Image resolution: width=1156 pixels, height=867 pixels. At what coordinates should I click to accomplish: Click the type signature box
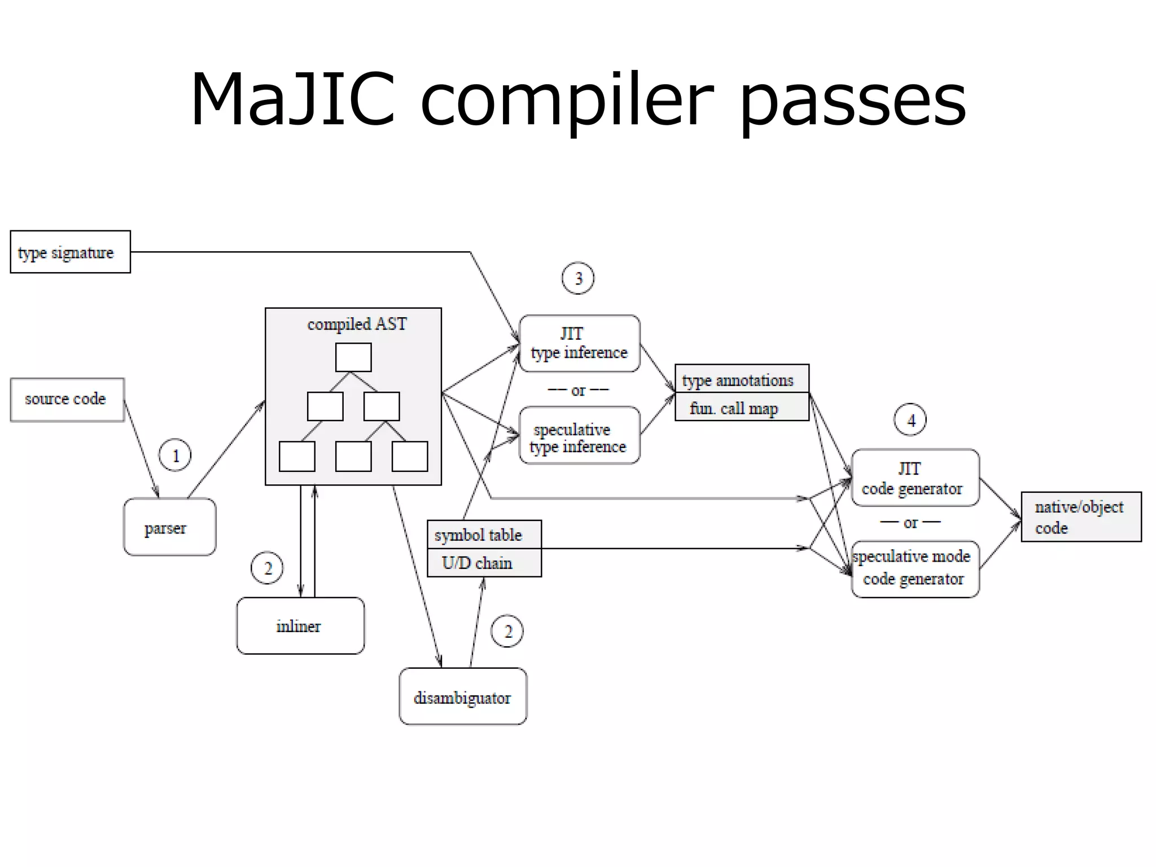click(x=70, y=252)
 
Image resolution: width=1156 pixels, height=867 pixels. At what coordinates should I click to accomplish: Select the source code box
click(x=67, y=400)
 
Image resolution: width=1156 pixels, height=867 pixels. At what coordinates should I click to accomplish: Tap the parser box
click(x=169, y=527)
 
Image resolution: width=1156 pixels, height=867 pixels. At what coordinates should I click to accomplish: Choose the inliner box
click(x=300, y=625)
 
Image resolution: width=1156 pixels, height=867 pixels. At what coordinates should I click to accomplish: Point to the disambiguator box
click(x=463, y=697)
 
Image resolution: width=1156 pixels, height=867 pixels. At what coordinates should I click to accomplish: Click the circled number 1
click(x=175, y=455)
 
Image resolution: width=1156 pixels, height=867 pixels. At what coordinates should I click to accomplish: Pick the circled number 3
click(x=578, y=278)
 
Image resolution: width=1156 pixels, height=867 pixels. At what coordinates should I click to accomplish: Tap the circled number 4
click(x=910, y=420)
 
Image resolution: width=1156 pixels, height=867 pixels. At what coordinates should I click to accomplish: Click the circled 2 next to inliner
click(x=267, y=568)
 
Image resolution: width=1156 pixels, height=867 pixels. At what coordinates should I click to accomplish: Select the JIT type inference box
click(x=579, y=343)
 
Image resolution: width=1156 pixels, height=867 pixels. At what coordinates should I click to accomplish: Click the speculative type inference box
click(x=579, y=436)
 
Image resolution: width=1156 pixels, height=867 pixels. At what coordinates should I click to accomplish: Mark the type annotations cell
click(x=742, y=379)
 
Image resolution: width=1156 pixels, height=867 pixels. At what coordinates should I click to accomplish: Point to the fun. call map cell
click(x=742, y=408)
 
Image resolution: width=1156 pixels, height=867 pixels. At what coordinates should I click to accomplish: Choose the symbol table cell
click(x=484, y=535)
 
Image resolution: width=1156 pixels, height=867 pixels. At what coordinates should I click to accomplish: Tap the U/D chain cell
click(x=484, y=563)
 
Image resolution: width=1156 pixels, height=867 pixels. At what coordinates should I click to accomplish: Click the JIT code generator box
click(x=915, y=478)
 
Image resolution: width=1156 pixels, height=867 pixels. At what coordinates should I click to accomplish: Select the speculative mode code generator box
click(x=915, y=569)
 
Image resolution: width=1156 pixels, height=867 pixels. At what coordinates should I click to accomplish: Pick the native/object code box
click(x=1081, y=516)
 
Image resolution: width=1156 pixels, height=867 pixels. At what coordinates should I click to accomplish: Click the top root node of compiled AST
click(x=353, y=357)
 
